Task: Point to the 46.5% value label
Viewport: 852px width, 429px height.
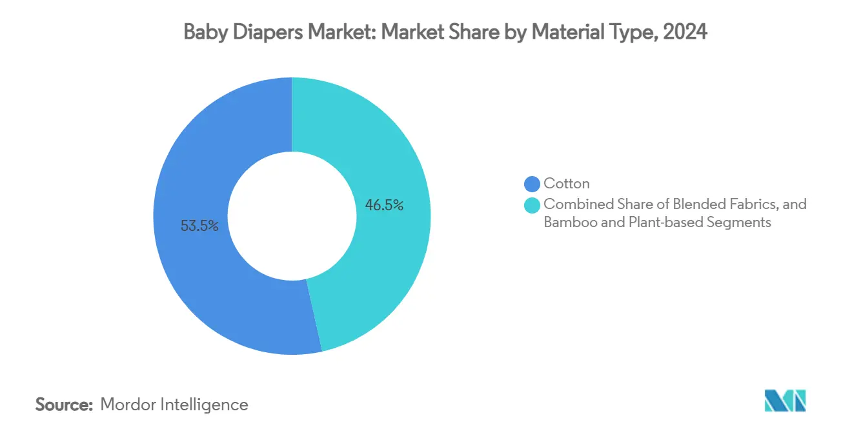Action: [x=384, y=206]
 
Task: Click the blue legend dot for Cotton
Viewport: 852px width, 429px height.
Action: [x=532, y=184]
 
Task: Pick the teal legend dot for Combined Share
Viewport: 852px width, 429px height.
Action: [x=532, y=205]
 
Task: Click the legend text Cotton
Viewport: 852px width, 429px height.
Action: [x=566, y=184]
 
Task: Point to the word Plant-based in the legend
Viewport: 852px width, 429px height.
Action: [x=663, y=223]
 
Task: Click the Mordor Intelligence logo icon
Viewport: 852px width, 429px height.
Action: [x=785, y=401]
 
